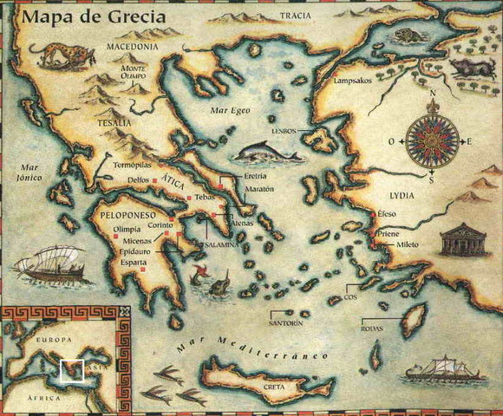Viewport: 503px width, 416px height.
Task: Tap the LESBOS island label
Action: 284,131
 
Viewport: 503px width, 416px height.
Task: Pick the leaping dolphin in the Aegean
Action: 266,153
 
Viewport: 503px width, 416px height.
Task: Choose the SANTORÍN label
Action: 286,322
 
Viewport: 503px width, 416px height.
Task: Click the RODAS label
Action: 373,328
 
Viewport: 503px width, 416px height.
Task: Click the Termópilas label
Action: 133,163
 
